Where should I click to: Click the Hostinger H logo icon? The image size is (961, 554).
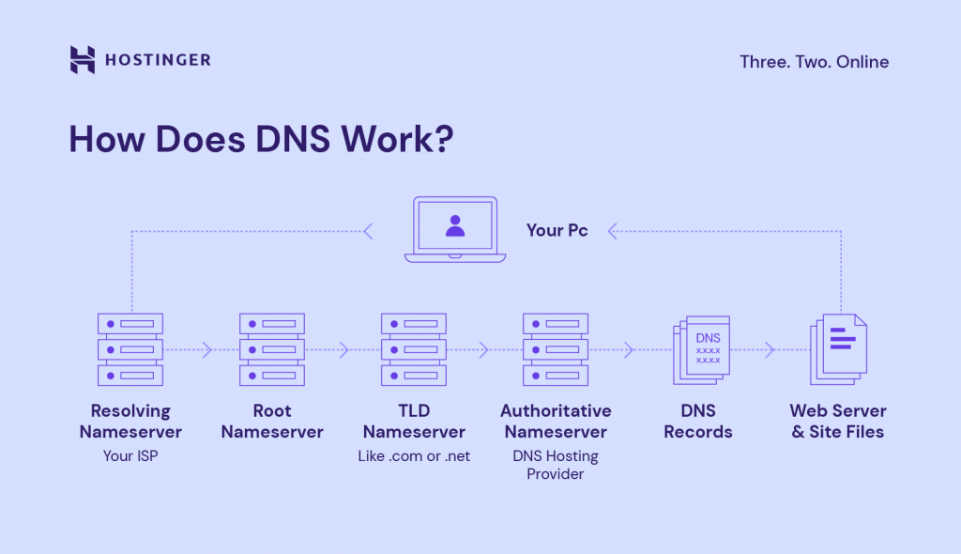pos(83,60)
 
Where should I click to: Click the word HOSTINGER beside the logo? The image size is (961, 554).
pos(157,60)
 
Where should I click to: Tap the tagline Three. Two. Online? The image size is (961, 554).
pos(814,62)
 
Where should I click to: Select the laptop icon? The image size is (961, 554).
pos(455,229)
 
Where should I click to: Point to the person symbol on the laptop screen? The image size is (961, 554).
pos(455,225)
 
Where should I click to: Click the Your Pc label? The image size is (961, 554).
pos(557,230)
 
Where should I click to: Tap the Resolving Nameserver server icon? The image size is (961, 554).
pos(130,349)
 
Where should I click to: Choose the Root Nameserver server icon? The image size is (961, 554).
pos(272,349)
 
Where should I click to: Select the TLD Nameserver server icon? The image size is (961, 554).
pos(414,349)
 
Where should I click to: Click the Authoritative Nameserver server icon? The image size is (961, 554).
pos(556,349)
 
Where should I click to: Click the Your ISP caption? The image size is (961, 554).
pos(130,456)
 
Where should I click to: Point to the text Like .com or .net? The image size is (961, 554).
pos(414,456)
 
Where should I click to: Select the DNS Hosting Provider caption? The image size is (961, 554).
pos(556,465)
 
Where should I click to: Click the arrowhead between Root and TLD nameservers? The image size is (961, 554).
pos(343,350)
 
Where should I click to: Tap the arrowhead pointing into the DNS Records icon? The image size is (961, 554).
pos(629,350)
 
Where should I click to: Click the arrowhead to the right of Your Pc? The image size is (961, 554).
pos(612,230)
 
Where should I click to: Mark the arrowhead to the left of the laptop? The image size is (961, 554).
pos(368,230)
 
